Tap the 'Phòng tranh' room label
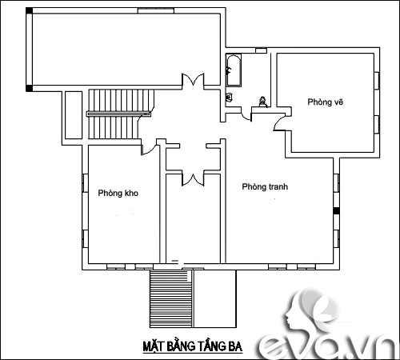[x=265, y=187]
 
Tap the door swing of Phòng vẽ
[x=278, y=121]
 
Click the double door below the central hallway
[x=191, y=178]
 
